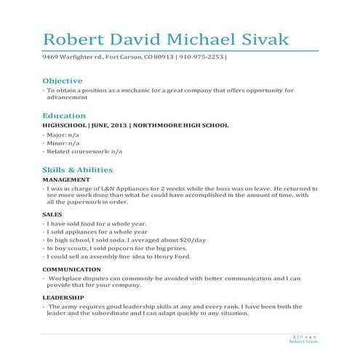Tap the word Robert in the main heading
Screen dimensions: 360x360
(73, 38)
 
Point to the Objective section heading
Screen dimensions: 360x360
(63, 81)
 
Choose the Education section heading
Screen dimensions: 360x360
(64, 116)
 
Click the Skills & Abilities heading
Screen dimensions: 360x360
(78, 170)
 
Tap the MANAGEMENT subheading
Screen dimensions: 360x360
(66, 180)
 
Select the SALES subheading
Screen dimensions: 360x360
(52, 215)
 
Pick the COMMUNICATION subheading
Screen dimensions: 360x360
(72, 269)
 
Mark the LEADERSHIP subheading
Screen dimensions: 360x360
(63, 297)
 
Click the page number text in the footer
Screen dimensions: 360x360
(302, 336)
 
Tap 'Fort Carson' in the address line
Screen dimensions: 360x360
(109, 57)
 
